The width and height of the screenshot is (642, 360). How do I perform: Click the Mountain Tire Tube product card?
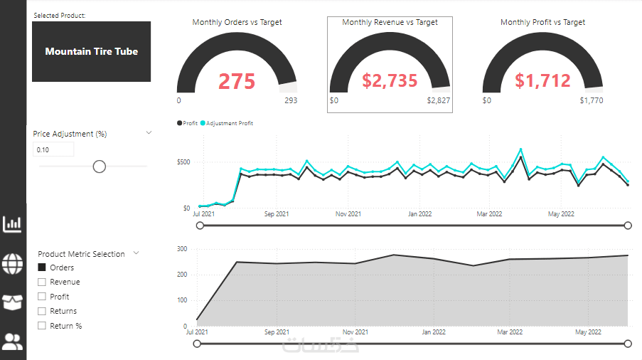pyautogui.click(x=91, y=51)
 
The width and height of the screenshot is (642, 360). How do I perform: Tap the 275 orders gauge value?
pyautogui.click(x=237, y=82)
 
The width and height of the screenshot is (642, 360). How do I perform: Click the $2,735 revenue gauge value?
pyautogui.click(x=390, y=81)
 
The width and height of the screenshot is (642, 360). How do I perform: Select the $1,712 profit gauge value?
pyautogui.click(x=542, y=81)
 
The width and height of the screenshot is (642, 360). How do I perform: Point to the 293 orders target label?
pyautogui.click(x=291, y=100)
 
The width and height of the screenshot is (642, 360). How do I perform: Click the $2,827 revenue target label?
pyautogui.click(x=438, y=100)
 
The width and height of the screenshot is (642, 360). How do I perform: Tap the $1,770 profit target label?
pyautogui.click(x=591, y=100)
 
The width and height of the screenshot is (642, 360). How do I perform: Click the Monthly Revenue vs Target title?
pyautogui.click(x=390, y=22)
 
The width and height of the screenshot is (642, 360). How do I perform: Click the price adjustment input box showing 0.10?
pyautogui.click(x=53, y=149)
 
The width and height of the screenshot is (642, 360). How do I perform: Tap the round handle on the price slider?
pyautogui.click(x=100, y=166)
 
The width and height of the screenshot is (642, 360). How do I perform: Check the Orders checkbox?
pyautogui.click(x=42, y=268)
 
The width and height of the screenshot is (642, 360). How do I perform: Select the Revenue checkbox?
pyautogui.click(x=42, y=282)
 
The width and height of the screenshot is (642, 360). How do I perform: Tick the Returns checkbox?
pyautogui.click(x=42, y=311)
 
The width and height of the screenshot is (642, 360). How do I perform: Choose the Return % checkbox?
pyautogui.click(x=42, y=326)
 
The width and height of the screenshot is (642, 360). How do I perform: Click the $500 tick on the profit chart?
pyautogui.click(x=183, y=162)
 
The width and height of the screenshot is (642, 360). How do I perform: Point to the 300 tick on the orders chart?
pyautogui.click(x=182, y=249)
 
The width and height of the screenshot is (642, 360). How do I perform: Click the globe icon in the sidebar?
pyautogui.click(x=13, y=263)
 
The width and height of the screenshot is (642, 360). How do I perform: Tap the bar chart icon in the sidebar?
pyautogui.click(x=13, y=225)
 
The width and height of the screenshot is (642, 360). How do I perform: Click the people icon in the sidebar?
pyautogui.click(x=13, y=342)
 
